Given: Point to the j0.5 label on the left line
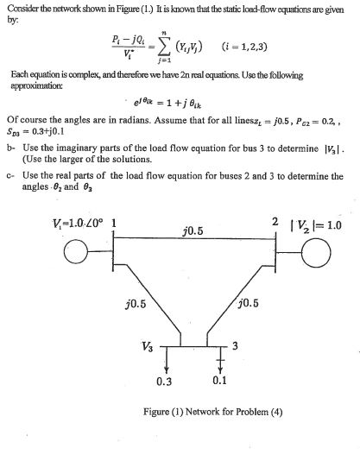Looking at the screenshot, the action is tap(134, 303).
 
